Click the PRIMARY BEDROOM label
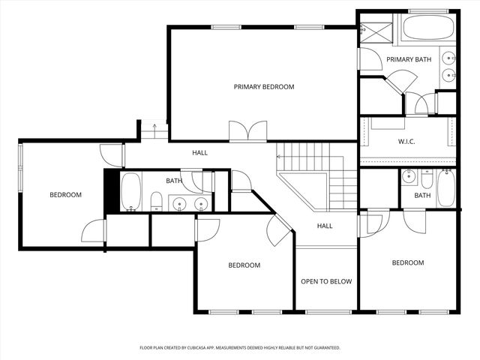tap(263, 87)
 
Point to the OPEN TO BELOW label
tap(326, 281)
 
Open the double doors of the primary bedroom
tap(247, 132)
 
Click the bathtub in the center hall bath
tap(131, 191)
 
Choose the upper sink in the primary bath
tap(448, 58)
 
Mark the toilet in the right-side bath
tap(427, 180)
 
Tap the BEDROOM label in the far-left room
tap(65, 195)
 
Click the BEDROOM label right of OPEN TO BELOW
tap(408, 262)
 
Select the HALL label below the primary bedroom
tap(199, 153)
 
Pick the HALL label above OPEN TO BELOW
tap(324, 226)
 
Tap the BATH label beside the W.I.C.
tap(422, 196)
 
